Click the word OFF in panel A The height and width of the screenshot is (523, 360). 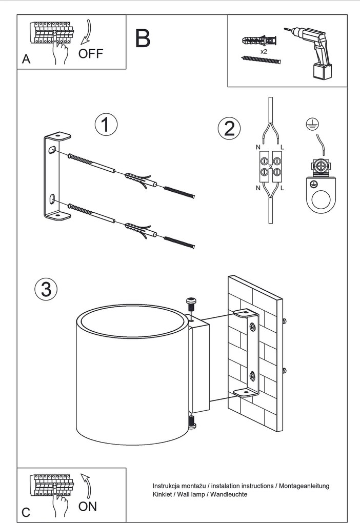tap(91, 53)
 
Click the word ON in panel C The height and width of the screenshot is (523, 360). tap(87, 507)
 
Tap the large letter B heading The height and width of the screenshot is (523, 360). tap(143, 38)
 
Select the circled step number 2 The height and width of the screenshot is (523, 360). tap(229, 128)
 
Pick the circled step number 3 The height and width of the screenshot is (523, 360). tap(46, 289)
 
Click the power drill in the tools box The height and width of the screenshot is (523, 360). tap(308, 50)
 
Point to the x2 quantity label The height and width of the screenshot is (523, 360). tap(264, 52)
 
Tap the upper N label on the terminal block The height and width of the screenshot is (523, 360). tap(258, 147)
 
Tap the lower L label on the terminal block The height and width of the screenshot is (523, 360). tap(283, 188)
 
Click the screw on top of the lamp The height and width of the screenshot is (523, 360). tap(191, 304)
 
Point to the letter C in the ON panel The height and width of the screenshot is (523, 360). tap(26, 512)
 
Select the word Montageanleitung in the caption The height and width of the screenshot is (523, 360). tap(304, 485)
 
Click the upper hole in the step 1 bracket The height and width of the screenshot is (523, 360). tap(51, 150)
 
